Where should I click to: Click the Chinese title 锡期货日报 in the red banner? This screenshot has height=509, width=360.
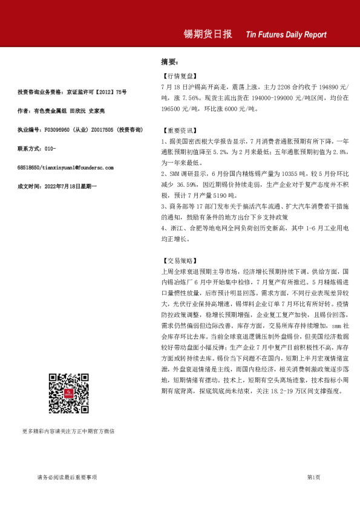(208, 34)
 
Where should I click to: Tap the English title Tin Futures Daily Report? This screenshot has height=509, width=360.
(286, 35)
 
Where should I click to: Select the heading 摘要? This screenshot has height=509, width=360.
(169, 62)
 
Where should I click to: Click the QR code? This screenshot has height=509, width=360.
(68, 393)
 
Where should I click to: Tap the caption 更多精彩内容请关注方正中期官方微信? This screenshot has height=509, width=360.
(68, 431)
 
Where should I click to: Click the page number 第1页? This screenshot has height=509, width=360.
(313, 477)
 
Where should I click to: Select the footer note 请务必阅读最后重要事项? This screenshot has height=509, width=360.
(67, 477)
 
